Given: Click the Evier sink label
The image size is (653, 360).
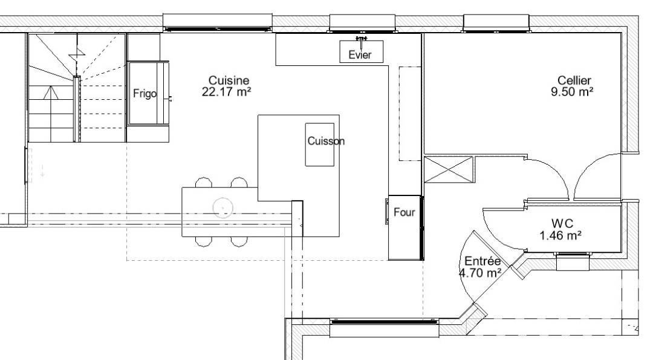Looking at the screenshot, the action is pos(360,54).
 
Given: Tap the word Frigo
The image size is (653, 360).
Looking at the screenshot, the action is pos(145,94).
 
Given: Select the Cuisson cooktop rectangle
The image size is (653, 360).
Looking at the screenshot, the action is pos(320,145).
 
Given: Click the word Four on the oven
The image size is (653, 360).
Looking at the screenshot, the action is pos(404,212).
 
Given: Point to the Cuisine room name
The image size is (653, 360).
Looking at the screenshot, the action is pos(229,80).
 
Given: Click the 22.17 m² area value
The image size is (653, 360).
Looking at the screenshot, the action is pos(226,92).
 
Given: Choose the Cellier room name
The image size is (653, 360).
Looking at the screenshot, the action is pos(574,80).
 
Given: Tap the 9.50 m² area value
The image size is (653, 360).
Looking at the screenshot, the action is pos(572,92).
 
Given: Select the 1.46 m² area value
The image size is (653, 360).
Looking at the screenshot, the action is pos(560,236).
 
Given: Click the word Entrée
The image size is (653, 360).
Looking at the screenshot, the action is pos(482,261).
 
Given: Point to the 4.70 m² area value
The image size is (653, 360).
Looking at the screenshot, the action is pos(480,273).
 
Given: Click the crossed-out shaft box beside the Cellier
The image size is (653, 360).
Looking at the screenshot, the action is pos(449,169).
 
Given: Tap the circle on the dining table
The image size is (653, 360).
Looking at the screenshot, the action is pos(223,208).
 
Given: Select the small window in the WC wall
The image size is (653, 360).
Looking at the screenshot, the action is pos(573,262).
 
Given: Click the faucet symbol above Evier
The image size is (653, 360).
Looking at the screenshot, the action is pos(361,40).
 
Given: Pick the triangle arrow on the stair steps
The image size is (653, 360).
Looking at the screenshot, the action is pos(51,93).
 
